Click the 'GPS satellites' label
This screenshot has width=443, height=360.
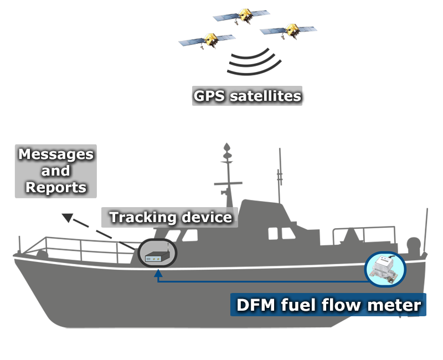[x=247, y=96]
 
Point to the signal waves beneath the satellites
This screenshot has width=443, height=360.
[x=253, y=62]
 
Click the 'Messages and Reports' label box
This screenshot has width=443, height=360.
[x=55, y=171]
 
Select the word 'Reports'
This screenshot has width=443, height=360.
[x=56, y=187]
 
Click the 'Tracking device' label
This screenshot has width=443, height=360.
[x=170, y=217]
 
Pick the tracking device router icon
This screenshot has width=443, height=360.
[x=157, y=255]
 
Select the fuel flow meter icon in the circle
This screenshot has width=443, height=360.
[x=385, y=270]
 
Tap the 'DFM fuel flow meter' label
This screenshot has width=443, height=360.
[x=328, y=305]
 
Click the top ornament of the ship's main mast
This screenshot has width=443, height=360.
[x=226, y=148]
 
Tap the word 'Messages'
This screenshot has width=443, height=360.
[x=56, y=154]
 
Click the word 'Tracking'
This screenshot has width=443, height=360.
[x=136, y=217]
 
